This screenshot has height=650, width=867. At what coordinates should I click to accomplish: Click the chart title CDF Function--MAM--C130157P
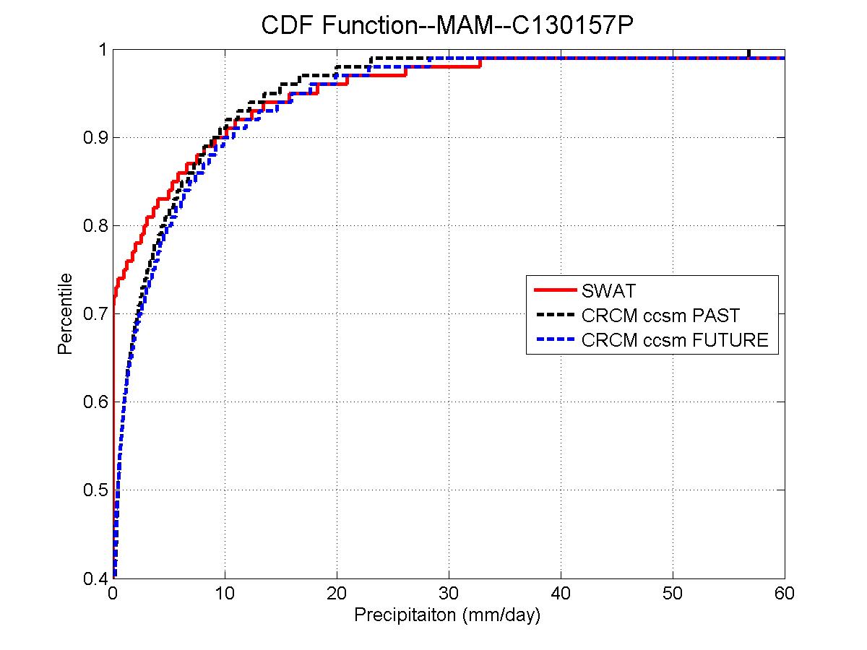pos(447,26)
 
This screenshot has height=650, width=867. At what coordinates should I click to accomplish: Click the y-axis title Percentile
pos(65,313)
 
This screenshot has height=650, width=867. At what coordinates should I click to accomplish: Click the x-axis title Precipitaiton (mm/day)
pos(447,616)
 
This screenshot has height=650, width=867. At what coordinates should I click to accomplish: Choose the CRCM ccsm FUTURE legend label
pos(675,339)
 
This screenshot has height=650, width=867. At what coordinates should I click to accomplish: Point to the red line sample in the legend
pos(555,291)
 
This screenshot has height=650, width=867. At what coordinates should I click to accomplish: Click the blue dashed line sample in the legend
pos(555,339)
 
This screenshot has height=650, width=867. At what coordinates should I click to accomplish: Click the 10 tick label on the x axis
pos(225,594)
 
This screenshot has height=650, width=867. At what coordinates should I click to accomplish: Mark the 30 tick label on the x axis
pos(449,594)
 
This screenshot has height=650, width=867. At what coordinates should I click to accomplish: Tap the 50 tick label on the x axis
pos(673,594)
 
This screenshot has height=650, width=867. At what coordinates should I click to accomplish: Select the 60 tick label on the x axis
pos(785,594)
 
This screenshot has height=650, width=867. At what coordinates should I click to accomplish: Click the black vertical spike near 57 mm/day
pos(749,53)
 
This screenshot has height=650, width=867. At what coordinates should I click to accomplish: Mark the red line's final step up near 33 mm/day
pos(480,62)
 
